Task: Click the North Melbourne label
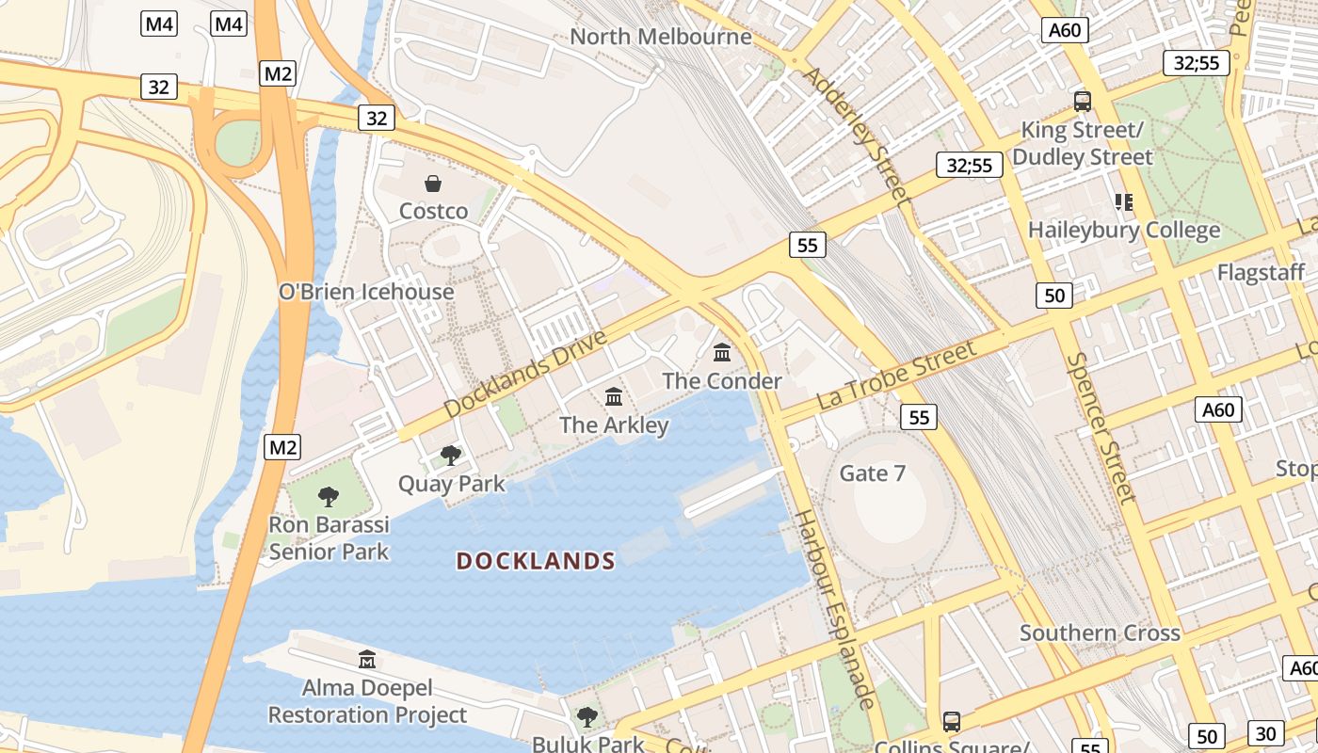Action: click(661, 37)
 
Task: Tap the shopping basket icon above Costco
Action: click(433, 183)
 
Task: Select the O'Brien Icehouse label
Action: click(366, 292)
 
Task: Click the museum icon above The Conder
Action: click(722, 352)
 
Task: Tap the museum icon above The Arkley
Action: click(614, 396)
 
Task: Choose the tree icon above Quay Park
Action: click(451, 456)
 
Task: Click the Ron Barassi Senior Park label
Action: click(329, 537)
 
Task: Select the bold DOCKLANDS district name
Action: click(536, 562)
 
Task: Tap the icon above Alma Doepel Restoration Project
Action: click(367, 659)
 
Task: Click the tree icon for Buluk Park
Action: click(587, 717)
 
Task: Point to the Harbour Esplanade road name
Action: click(836, 609)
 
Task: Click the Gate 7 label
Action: click(873, 473)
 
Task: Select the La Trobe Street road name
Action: click(896, 375)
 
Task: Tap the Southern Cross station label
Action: click(1100, 633)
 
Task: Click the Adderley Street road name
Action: click(856, 136)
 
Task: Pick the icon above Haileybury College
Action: click(1123, 201)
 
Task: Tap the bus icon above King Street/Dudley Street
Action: click(1082, 101)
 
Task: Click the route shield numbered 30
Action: click(1266, 733)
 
